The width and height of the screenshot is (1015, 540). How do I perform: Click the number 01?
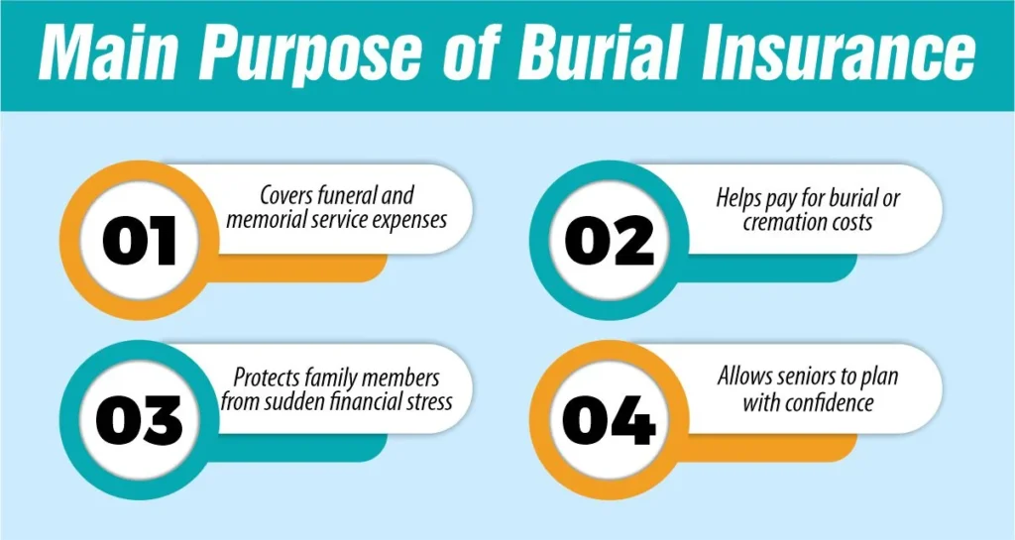point(139,242)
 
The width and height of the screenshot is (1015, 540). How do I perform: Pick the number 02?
point(609,242)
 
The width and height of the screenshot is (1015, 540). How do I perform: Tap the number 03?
point(139,421)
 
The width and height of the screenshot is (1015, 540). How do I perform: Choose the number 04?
point(609,421)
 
